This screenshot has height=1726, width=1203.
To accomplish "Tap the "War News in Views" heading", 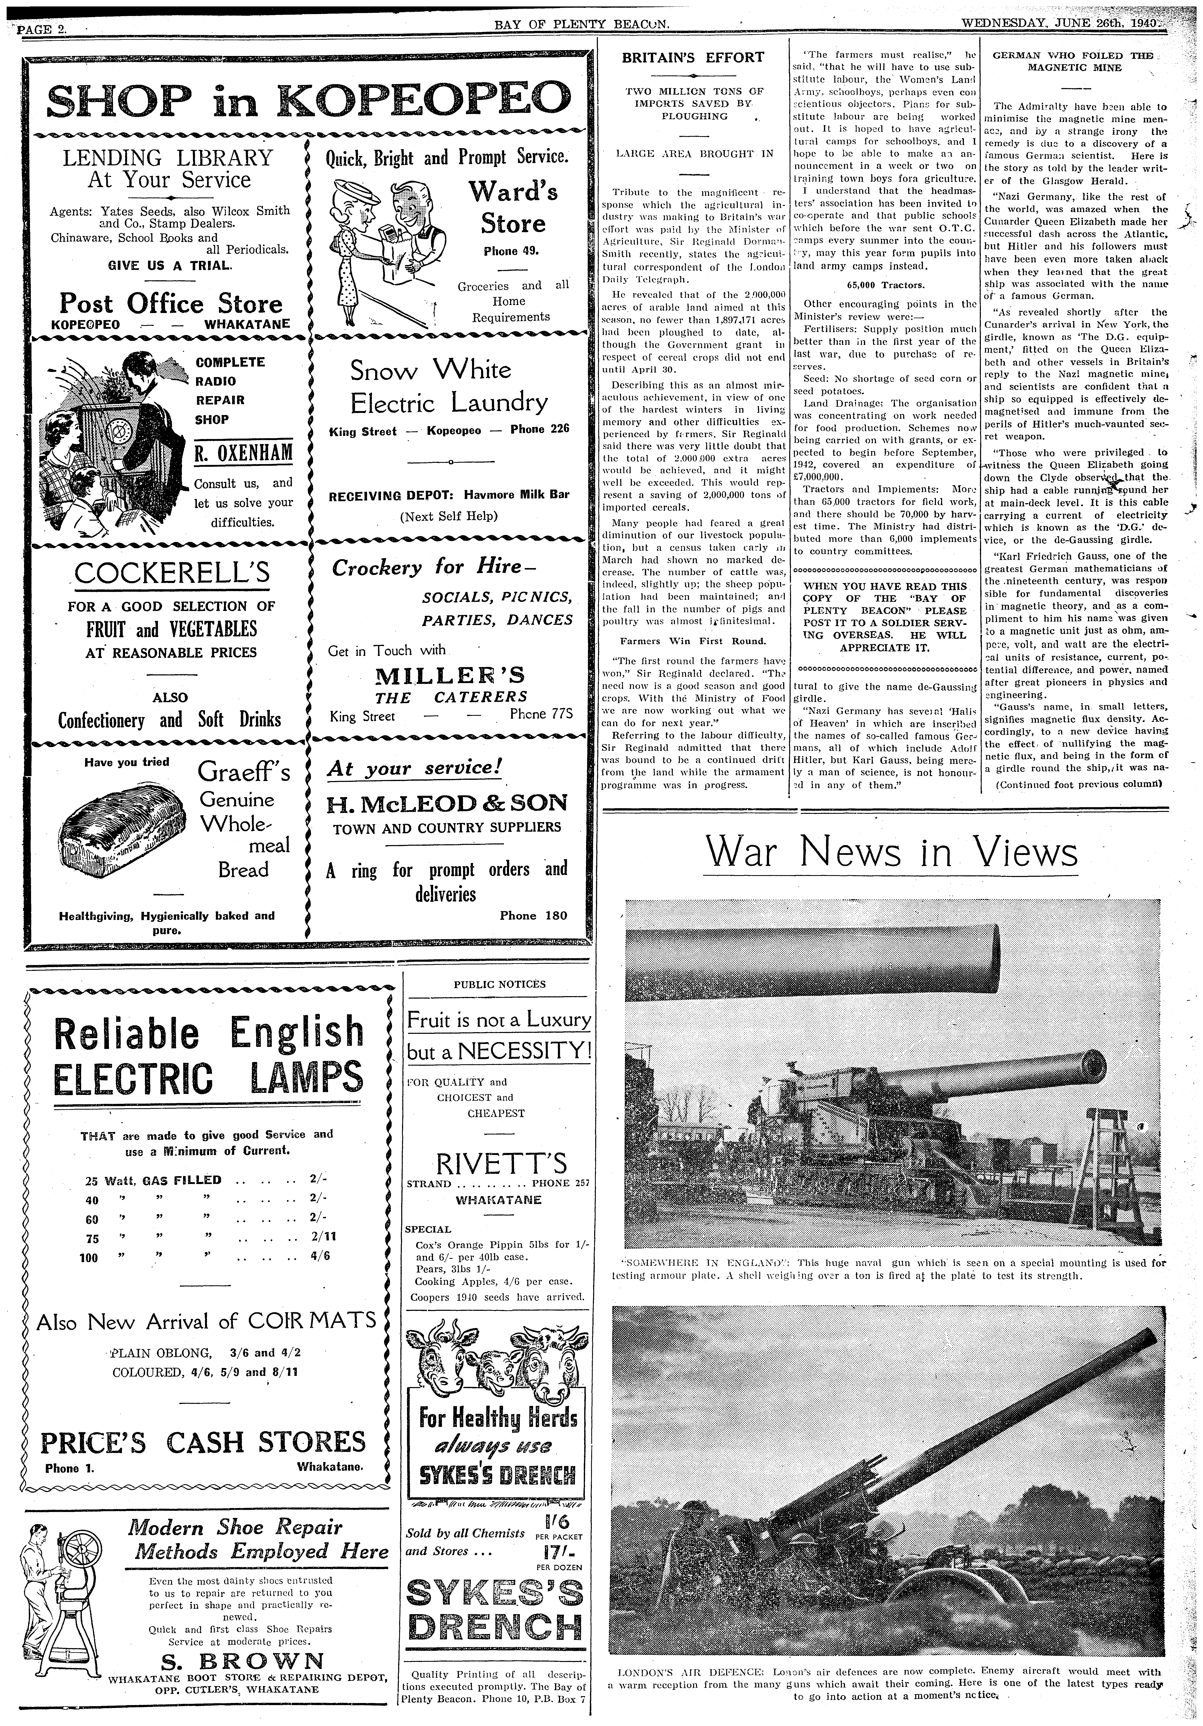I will pos(890,852).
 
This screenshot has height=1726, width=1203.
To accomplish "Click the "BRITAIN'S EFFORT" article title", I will pos(693,57).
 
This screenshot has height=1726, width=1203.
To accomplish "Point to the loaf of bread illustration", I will pos(123,830).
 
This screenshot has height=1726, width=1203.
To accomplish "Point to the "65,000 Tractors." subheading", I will pos(885,286).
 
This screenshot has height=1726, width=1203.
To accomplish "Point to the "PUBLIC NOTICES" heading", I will pos(499,984).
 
